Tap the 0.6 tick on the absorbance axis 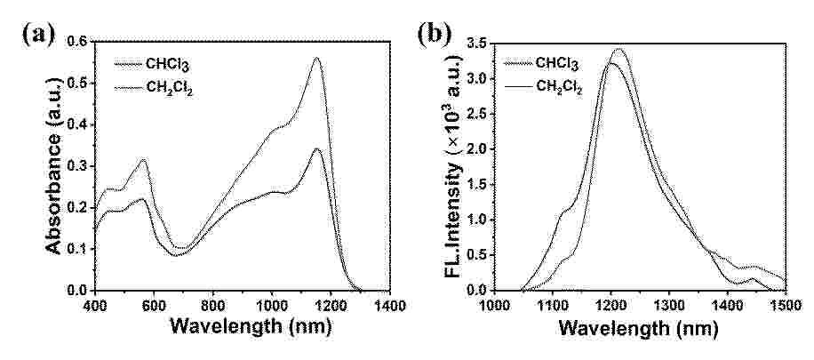[77, 42]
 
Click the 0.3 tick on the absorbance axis [77, 166]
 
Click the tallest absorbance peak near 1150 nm [316, 59]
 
